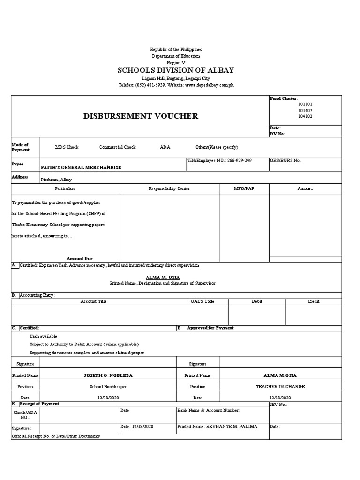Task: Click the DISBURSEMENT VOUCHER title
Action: point(141,116)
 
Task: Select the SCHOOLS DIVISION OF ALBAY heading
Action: point(176,70)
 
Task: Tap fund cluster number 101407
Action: point(305,110)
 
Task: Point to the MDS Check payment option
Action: point(67,147)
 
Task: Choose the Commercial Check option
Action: point(118,147)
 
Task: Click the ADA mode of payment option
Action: point(165,147)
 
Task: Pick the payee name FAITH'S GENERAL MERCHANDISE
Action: point(81,167)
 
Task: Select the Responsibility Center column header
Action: point(169,188)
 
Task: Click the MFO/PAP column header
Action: point(244,188)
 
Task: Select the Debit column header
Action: point(257,301)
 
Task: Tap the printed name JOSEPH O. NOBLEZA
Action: point(108,375)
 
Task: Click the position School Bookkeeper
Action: point(108,387)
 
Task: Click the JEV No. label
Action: point(279,404)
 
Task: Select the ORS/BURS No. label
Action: point(285,160)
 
